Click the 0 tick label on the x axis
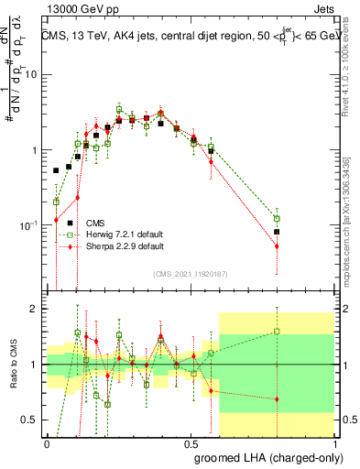47,441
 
